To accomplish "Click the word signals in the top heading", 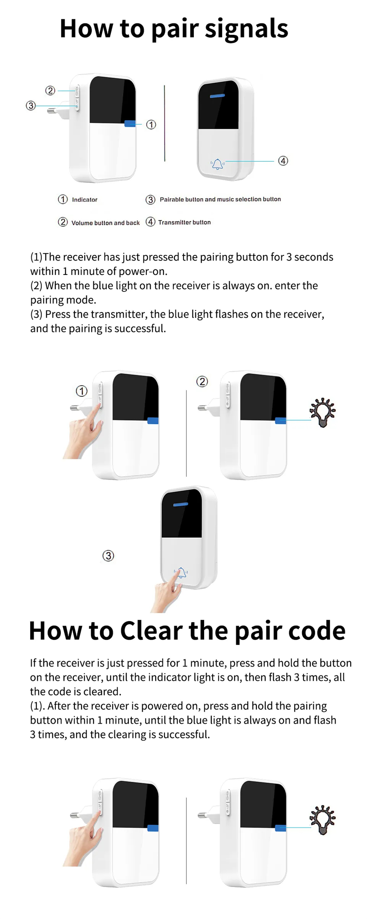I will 246,29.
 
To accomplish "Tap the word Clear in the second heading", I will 151,631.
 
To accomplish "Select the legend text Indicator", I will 84,200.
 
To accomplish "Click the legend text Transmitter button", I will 184,222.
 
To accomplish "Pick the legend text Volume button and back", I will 105,223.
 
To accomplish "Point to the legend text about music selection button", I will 220,199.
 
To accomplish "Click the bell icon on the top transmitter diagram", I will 218,164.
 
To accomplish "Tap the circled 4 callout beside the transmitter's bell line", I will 283,161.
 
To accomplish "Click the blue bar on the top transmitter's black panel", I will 217,96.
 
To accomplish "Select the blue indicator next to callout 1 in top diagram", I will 130,124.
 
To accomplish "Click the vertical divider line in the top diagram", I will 164,123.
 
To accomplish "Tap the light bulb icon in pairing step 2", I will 322,412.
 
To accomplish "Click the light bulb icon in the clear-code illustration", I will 322,820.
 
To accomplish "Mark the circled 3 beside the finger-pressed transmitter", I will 108,555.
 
